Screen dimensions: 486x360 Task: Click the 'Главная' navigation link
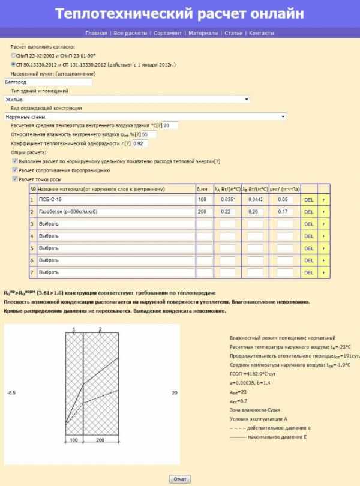tap(96, 33)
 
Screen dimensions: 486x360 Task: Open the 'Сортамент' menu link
tap(167, 33)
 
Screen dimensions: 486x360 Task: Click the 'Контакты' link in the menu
tap(261, 33)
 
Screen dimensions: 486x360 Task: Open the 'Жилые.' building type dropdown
tap(126, 99)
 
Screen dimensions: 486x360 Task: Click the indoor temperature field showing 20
tap(170, 125)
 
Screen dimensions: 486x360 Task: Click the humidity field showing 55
tap(148, 134)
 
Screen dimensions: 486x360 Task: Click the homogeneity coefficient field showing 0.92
tap(139, 144)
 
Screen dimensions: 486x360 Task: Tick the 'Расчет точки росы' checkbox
tap(14, 179)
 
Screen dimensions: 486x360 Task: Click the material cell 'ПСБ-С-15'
tap(116, 199)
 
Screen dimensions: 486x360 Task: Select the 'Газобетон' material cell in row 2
tap(116, 211)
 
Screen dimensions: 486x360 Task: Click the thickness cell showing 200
tap(204, 211)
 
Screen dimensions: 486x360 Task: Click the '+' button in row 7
tap(323, 272)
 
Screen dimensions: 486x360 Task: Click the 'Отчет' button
tap(180, 479)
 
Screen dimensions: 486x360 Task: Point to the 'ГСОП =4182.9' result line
tap(252, 373)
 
